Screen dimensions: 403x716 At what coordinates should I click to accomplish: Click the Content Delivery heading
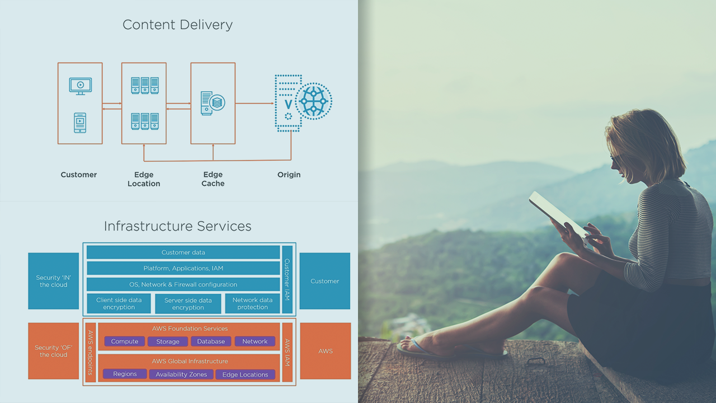point(177,25)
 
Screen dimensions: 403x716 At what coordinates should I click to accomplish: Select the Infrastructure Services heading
point(177,226)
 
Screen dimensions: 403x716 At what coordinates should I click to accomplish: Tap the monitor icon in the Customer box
point(80,85)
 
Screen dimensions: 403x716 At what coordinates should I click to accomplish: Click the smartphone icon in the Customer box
point(80,123)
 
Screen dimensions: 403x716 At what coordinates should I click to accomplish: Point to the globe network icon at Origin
point(313,101)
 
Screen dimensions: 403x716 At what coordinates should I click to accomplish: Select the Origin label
point(289,175)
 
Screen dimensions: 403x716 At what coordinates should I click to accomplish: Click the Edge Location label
point(144,179)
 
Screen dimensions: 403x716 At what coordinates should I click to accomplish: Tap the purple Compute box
point(124,341)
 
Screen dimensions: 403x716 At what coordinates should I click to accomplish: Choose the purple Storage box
point(168,341)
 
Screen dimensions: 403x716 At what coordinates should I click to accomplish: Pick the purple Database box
point(211,341)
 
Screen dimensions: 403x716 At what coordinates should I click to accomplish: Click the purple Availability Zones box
point(181,374)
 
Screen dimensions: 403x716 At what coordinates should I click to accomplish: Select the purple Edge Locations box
point(245,374)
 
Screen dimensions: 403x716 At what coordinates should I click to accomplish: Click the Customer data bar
point(183,252)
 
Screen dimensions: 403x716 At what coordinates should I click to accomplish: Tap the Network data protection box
point(252,303)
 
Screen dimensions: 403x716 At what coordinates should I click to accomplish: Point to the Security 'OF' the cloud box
point(53,351)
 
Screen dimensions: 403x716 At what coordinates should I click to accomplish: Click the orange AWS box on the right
point(325,351)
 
